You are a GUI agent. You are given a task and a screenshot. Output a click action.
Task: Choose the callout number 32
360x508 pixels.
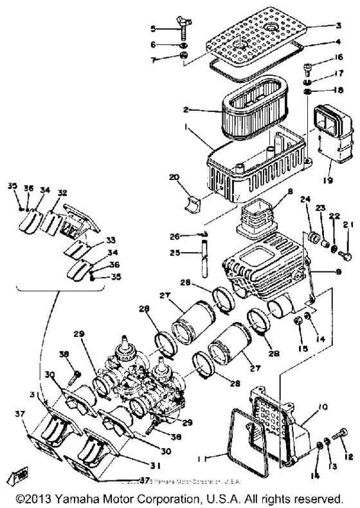tap(62, 192)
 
